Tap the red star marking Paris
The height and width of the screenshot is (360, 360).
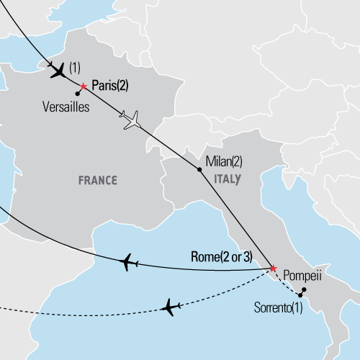point(83,86)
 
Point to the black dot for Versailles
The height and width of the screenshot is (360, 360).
point(77,93)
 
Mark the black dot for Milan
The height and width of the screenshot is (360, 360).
point(199,170)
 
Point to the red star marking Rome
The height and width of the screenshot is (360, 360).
point(272,269)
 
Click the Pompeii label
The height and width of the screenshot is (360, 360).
point(302,275)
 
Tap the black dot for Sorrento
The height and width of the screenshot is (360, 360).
point(300,295)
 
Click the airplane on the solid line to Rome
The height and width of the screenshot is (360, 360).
point(130,262)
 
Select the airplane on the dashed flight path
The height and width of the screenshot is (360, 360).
point(171,307)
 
